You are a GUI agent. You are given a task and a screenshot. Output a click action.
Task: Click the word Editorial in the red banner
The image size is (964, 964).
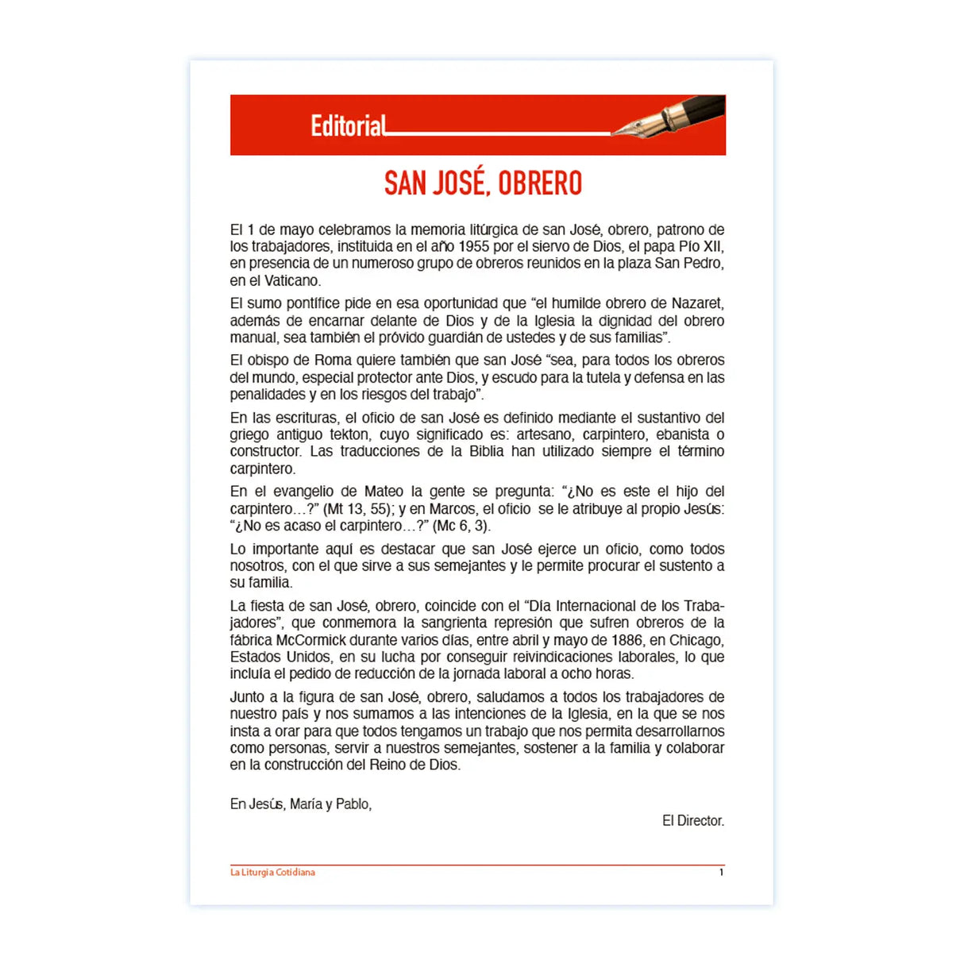coord(348,125)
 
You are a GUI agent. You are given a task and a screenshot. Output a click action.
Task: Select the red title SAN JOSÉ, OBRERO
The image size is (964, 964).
coord(483,183)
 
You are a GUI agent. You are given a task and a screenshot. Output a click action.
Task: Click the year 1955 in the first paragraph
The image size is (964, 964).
coord(473,247)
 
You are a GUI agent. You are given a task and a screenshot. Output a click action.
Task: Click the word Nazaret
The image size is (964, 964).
coord(697,303)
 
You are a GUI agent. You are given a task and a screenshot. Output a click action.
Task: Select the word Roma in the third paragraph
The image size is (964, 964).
coord(333,360)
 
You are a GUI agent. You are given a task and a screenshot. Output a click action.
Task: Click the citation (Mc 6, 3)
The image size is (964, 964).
coord(461,526)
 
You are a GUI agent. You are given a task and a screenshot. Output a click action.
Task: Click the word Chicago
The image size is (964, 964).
coord(696,640)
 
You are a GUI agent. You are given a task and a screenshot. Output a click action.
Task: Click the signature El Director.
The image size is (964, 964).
coord(692,820)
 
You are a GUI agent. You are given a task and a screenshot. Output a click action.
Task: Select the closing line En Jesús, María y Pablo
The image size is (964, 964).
coord(301,804)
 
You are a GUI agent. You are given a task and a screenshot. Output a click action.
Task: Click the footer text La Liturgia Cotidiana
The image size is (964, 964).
coord(272,872)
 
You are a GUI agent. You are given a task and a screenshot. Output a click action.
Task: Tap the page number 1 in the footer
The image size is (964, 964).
coord(721,872)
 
